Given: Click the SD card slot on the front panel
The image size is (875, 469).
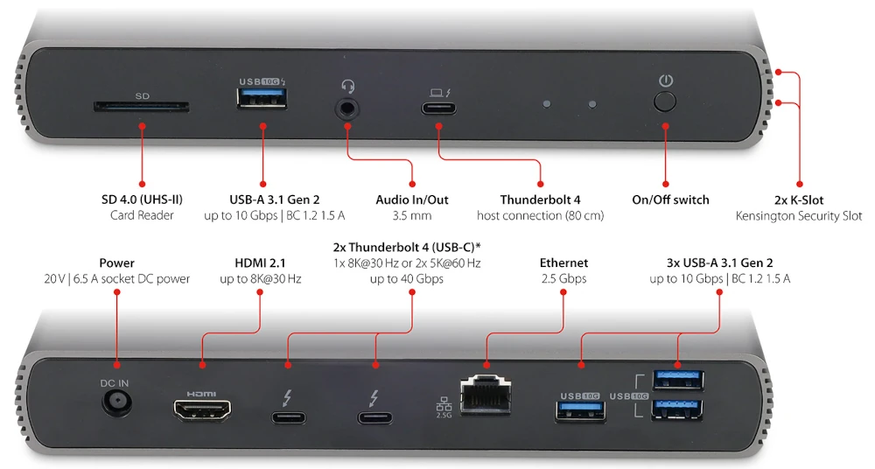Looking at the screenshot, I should click(x=141, y=108).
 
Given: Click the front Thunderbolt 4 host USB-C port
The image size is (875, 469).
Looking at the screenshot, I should click(x=437, y=109).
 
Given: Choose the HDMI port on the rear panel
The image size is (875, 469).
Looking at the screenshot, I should click(x=202, y=409).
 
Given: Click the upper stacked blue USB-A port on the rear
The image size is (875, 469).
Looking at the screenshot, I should click(x=679, y=380).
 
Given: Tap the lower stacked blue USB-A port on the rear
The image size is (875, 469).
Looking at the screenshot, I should click(x=679, y=409).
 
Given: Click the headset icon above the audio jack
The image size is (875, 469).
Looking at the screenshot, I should click(x=347, y=86).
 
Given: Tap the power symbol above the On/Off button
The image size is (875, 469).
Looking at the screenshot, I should click(x=666, y=80).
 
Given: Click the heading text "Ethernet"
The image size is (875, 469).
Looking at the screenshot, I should click(x=563, y=262).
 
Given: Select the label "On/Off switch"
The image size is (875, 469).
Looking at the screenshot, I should click(x=670, y=199).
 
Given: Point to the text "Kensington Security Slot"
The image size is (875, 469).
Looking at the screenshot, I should click(x=799, y=215).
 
